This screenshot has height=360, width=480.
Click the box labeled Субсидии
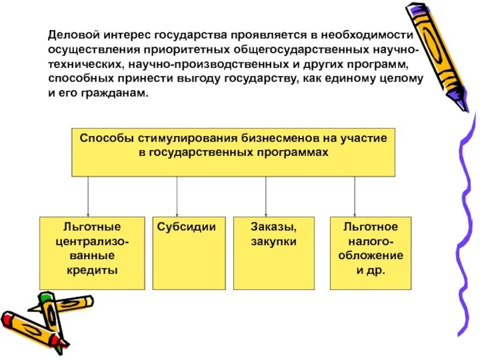point(189,253)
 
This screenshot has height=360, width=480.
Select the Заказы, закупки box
point(274,253)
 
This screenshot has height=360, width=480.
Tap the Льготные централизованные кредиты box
point(92,253)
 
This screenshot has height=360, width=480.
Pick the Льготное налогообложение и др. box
point(370,253)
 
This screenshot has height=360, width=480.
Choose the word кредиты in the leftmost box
point(92,270)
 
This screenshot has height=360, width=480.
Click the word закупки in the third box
point(274,242)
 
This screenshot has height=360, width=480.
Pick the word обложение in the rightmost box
point(370,256)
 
